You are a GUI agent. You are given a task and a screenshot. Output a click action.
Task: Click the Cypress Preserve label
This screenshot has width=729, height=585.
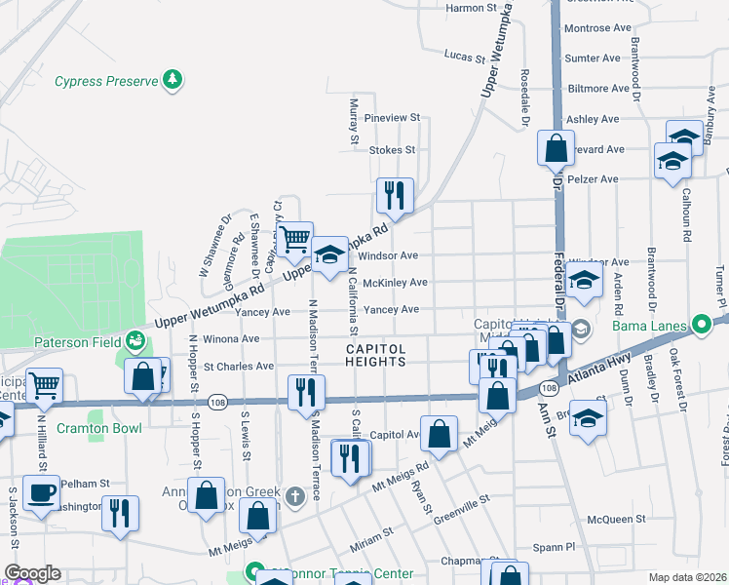(x=105, y=82)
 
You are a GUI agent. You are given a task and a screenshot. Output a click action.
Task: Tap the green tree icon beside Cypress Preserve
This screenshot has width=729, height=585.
(x=173, y=80)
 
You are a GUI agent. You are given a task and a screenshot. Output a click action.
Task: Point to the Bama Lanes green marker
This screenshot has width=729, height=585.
(x=701, y=325)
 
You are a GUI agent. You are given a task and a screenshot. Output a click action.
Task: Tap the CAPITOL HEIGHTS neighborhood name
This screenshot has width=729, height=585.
(x=375, y=355)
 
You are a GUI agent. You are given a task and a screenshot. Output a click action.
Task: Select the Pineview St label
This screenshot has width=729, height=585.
(x=391, y=118)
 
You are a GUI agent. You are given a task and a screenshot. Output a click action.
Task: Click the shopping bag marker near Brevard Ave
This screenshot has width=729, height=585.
(x=555, y=148)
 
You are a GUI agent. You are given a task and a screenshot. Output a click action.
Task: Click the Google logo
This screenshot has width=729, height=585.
(x=32, y=573)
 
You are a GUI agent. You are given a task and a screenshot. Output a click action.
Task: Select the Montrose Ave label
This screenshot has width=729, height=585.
(x=593, y=29)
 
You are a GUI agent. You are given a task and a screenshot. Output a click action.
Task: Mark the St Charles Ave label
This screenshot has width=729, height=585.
(x=238, y=367)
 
